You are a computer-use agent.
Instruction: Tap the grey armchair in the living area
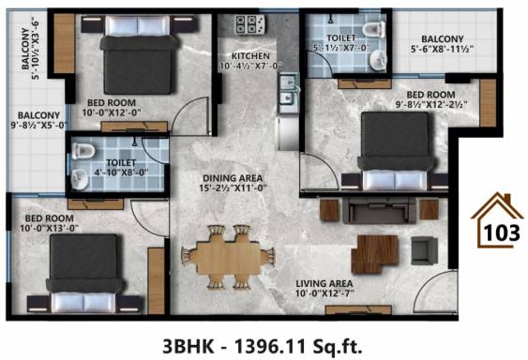[x=424, y=249]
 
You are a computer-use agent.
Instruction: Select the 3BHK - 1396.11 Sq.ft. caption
[x=264, y=341]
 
